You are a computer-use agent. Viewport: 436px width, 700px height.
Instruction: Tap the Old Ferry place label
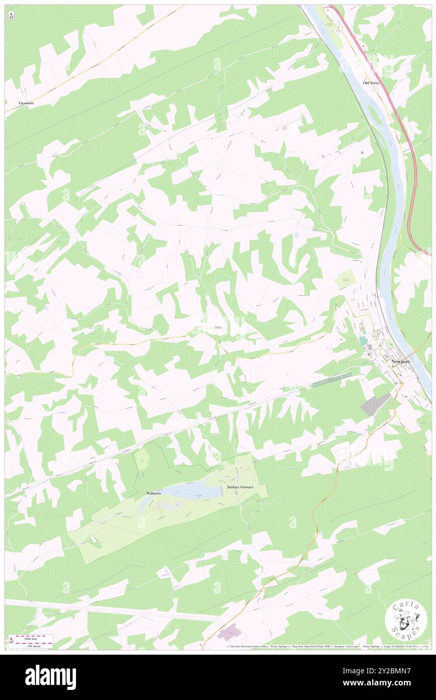coord(373,82)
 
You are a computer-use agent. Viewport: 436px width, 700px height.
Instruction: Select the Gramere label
coord(26,103)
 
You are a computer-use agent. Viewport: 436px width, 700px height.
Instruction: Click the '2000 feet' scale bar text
coord(34,639)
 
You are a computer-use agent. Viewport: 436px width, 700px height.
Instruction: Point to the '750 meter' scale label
coord(34,646)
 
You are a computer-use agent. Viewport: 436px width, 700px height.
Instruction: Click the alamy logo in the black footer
coord(50,677)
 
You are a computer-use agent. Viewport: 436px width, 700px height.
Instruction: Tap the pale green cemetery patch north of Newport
coord(346,276)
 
